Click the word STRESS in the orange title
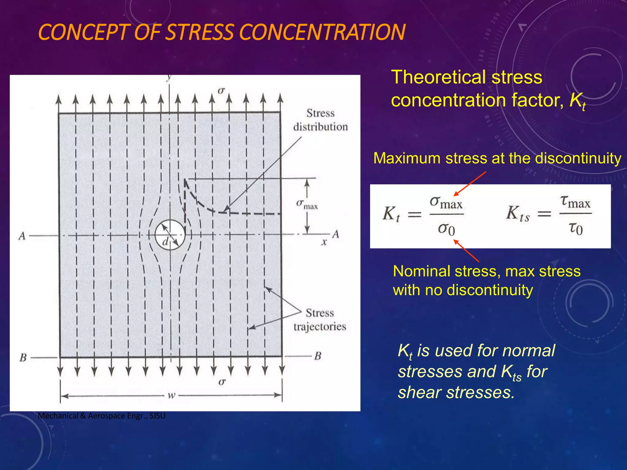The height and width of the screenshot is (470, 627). pos(200,32)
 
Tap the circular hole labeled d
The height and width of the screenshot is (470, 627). pos(170,235)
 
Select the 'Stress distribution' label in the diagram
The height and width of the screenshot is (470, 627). pos(320,120)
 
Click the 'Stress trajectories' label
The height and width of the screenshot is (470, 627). pos(320,320)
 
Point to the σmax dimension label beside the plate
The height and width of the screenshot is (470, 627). pos(307,204)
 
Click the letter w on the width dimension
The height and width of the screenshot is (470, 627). pos(171,395)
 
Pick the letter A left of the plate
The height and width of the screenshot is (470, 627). pos(22,236)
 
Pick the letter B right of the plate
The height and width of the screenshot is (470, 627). pos(318,356)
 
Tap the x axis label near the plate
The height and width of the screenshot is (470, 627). pos(324,242)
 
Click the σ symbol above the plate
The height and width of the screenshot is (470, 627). pos(221,91)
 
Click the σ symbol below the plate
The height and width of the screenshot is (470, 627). pos(222,382)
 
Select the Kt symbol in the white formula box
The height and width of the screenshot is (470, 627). pos(391,214)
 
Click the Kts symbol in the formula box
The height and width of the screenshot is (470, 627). pos(517,213)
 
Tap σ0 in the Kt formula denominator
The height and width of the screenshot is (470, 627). pos(446,229)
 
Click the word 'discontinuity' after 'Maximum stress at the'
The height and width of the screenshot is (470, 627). pos(578,159)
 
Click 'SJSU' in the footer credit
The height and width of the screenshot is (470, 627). pos(157,416)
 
